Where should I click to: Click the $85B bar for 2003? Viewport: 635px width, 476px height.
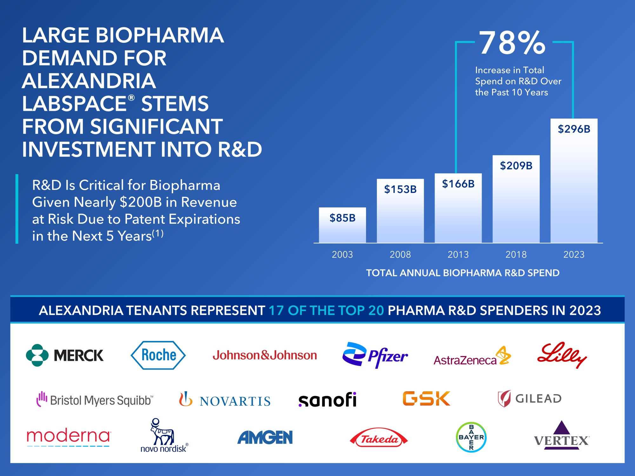[x=342, y=225]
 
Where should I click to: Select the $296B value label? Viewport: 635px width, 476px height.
[x=574, y=129]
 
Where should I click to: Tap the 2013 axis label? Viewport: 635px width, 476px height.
[x=458, y=255]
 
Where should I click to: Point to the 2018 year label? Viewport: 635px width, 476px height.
[x=516, y=255]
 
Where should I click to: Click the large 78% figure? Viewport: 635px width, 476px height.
[x=512, y=43]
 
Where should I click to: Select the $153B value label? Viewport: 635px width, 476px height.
[x=400, y=189]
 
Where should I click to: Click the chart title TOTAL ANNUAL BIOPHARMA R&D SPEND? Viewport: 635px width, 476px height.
[x=463, y=273]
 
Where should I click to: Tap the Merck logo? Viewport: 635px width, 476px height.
[x=65, y=355]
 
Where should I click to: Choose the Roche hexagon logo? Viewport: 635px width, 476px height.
[x=158, y=355]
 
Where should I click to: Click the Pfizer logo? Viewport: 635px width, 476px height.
[x=375, y=355]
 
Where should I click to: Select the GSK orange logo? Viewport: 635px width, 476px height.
[x=426, y=399]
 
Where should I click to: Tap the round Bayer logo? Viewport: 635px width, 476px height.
[x=471, y=437]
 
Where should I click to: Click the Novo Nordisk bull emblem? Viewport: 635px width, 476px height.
[x=162, y=433]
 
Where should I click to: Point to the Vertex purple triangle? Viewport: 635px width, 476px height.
[x=562, y=428]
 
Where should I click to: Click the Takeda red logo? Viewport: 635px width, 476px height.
[x=379, y=439]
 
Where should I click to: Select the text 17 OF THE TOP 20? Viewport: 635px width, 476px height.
[x=326, y=310]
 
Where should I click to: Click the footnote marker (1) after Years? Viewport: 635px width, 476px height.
[x=158, y=234]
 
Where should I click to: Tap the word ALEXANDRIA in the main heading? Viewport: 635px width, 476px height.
[x=89, y=81]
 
